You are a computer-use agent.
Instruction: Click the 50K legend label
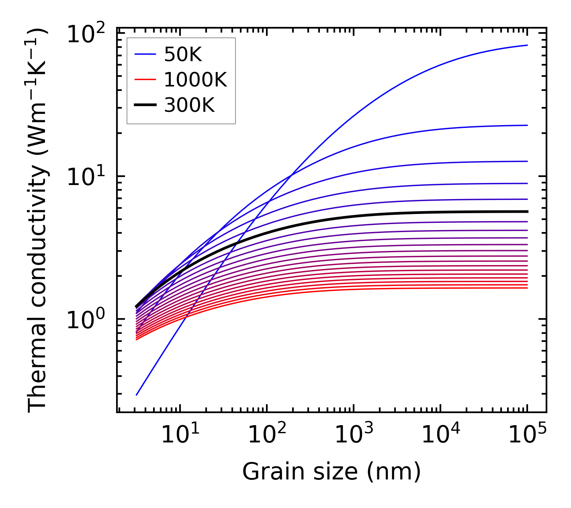[x=183, y=55]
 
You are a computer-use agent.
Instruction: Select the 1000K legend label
[x=195, y=80]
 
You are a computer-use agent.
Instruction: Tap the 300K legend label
[x=189, y=105]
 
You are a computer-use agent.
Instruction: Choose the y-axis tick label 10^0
[x=85, y=320]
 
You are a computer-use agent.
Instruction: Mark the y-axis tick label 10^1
[x=85, y=177]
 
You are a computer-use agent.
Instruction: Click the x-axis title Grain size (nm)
[x=332, y=471]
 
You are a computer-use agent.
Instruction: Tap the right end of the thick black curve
[x=527, y=212]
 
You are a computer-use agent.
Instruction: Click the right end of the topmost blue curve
[x=527, y=45]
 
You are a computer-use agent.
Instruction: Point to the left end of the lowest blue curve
[x=137, y=395]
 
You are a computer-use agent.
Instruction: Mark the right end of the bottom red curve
[x=527, y=288]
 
